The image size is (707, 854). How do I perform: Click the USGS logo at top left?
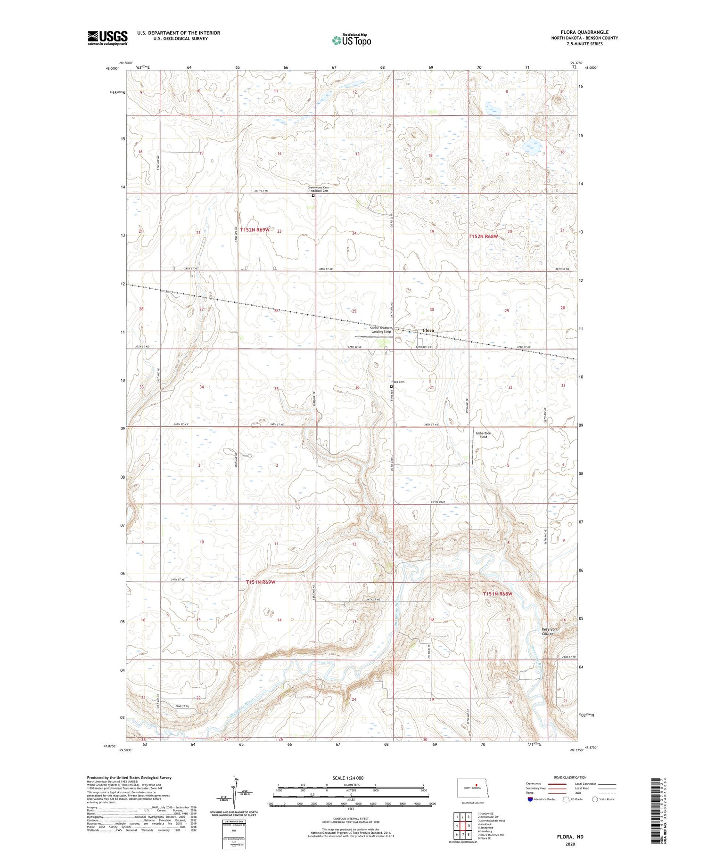(x=107, y=38)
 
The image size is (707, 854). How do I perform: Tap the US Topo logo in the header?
(x=351, y=41)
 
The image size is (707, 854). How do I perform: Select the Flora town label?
(x=428, y=330)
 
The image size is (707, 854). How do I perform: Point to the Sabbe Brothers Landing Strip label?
(x=381, y=330)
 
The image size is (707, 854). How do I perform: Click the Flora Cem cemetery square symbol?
(x=391, y=387)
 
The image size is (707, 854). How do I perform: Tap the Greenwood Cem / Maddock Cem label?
(x=318, y=189)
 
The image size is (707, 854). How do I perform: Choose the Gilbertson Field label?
(x=483, y=435)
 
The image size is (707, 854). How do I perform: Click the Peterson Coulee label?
(x=549, y=631)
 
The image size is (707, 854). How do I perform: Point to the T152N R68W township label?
(x=483, y=236)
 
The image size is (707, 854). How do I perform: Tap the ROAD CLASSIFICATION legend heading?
(x=570, y=777)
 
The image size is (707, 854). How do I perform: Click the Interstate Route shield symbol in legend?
(x=530, y=799)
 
